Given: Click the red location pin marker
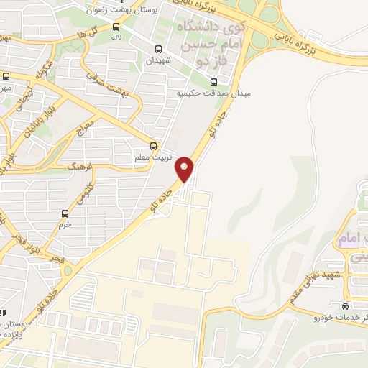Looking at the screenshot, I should click(185, 168).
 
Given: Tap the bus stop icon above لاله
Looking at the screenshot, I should click(116, 27).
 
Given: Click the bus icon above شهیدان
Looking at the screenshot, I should click(158, 50).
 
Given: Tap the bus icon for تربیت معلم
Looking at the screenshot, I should click(152, 144).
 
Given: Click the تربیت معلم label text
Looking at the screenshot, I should click(152, 156).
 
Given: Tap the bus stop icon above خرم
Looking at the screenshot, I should click(65, 213).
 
